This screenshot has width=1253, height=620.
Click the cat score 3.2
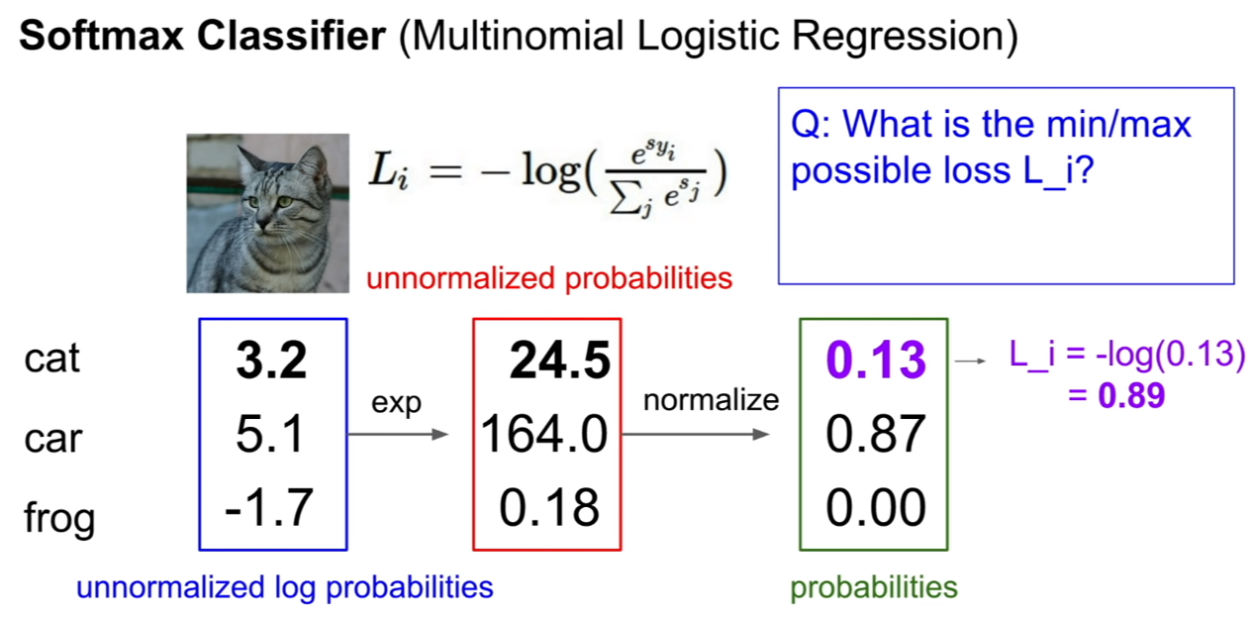pos(271,360)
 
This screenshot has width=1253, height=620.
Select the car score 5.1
pos(270,434)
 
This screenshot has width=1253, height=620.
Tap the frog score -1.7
pos(268,507)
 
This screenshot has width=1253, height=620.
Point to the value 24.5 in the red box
pos(559,360)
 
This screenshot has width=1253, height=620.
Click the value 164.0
pos(543,434)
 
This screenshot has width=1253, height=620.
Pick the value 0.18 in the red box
pos(548,507)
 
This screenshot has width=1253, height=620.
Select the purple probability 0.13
pos(876,360)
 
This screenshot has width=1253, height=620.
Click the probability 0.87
pos(876,434)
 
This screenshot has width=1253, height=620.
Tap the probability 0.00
pos(876,507)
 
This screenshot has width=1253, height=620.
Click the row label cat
pos(52,359)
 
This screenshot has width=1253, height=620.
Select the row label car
pos(53,438)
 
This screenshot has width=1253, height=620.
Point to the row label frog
pos(59,518)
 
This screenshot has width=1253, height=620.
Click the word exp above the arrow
pos(396,403)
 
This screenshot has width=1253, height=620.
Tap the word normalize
pos(711,400)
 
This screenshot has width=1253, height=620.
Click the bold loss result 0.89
pos(1131,395)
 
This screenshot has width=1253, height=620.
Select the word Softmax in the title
pos(101,36)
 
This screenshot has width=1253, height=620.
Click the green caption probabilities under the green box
pos(874,587)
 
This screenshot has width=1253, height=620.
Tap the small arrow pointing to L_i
pos(970,361)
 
